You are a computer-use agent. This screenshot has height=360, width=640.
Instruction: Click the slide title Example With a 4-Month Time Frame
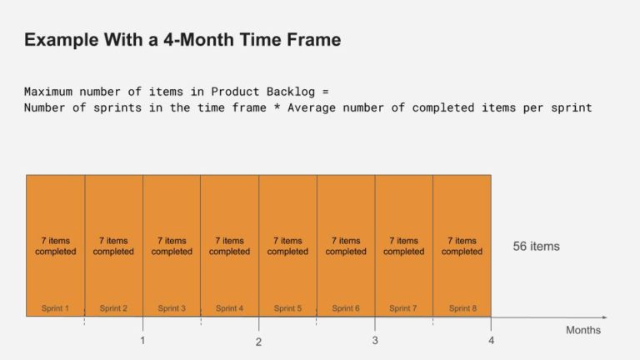click(x=182, y=40)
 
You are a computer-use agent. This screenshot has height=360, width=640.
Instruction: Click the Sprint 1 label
click(x=55, y=308)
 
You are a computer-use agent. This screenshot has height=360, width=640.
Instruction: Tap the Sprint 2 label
click(x=113, y=308)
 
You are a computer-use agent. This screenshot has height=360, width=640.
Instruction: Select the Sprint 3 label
click(x=172, y=308)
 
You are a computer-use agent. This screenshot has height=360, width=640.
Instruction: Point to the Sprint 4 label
click(x=229, y=308)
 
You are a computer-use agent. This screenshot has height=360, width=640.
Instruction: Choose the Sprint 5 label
click(x=287, y=308)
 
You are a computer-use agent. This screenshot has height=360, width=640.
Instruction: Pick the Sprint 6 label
click(x=346, y=308)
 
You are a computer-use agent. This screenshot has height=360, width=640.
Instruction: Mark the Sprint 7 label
click(x=403, y=308)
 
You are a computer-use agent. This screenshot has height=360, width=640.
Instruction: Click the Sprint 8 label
click(x=462, y=308)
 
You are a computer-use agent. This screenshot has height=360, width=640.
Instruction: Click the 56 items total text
click(x=536, y=247)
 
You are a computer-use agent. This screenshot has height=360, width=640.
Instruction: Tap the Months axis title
click(x=582, y=331)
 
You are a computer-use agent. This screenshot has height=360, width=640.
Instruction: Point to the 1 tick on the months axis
click(x=142, y=340)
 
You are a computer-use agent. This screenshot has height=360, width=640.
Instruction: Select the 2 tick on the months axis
click(x=258, y=342)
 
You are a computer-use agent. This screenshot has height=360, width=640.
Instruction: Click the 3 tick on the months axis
click(x=375, y=340)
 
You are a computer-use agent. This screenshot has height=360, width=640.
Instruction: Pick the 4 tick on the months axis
click(x=491, y=340)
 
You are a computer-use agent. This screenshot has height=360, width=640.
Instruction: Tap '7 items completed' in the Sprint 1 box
click(x=55, y=246)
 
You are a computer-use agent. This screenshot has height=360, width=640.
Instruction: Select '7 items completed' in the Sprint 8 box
click(x=462, y=246)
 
